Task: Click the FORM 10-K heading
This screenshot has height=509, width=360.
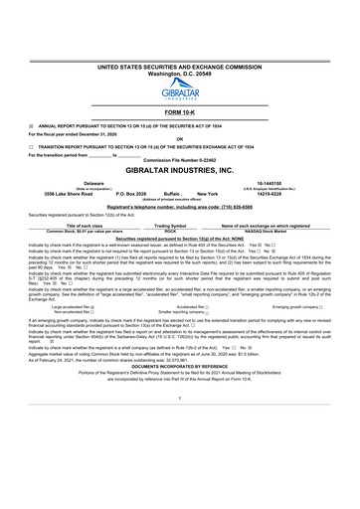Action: pos(179,112)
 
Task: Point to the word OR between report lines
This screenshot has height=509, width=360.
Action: pos(179,138)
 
